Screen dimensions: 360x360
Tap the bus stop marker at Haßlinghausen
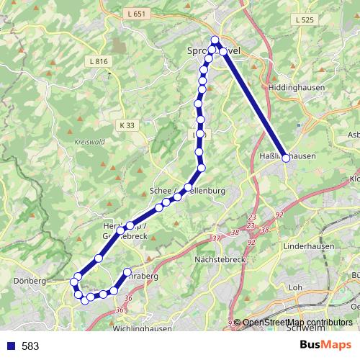pos(286,158)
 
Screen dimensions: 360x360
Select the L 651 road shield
pos(134,13)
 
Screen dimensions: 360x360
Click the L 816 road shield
pos(99,62)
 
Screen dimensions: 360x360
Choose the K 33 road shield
pos(127,125)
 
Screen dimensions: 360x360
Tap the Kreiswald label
pos(90,141)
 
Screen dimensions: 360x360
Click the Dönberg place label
pos(30,280)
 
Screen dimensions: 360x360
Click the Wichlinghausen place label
pos(143,329)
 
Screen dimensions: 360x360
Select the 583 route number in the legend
pos(30,346)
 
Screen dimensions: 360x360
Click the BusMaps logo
pos(325,346)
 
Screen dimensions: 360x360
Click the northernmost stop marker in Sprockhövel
pos(215,40)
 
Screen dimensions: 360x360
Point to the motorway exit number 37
pos(216,238)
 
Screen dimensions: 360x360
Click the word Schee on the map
pos(159,191)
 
